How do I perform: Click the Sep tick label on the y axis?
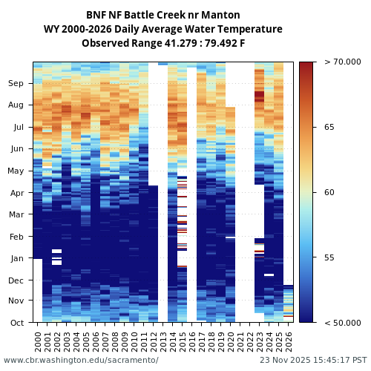click(x=16, y=84)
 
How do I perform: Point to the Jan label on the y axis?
click(x=16, y=258)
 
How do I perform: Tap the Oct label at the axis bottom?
click(x=16, y=323)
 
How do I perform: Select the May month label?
click(x=16, y=171)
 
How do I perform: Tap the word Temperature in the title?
click(x=246, y=29)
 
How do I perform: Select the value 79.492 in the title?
click(x=214, y=43)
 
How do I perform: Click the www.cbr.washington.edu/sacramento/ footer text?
click(x=81, y=360)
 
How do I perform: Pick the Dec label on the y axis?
click(x=16, y=280)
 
